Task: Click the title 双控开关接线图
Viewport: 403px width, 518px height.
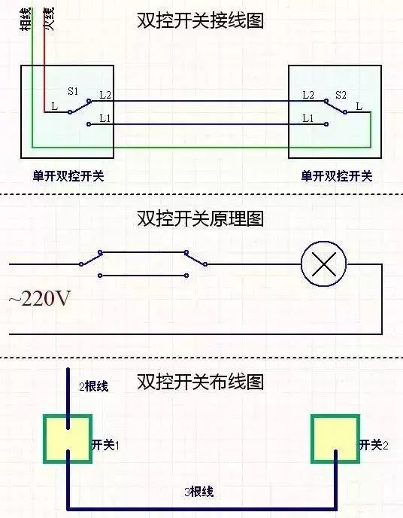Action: click(x=200, y=21)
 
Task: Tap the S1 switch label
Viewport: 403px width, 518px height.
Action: click(x=73, y=91)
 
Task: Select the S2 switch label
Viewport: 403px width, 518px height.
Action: click(x=341, y=95)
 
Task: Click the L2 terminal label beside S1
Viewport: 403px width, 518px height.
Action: click(x=105, y=95)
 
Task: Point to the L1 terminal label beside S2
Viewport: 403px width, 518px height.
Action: click(x=308, y=118)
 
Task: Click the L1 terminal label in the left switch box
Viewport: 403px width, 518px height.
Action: click(x=105, y=118)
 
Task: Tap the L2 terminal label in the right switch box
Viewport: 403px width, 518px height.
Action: click(x=308, y=95)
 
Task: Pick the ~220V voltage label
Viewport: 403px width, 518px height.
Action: click(x=40, y=299)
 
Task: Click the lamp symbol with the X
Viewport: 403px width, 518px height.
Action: click(x=324, y=264)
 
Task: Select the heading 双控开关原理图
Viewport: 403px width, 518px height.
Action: click(x=200, y=218)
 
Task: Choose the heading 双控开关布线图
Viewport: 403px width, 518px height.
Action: click(x=200, y=382)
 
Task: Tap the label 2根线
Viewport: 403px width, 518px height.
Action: click(x=94, y=385)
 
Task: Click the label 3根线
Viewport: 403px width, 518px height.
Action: click(x=199, y=492)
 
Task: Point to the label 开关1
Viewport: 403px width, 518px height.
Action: click(x=105, y=445)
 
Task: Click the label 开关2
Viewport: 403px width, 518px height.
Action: click(x=374, y=445)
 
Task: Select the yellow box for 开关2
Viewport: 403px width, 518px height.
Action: click(x=335, y=439)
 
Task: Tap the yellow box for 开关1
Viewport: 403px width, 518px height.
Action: click(x=68, y=439)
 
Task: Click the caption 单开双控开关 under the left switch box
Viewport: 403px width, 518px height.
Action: click(x=68, y=175)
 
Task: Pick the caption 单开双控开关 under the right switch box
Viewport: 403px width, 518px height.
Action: click(x=337, y=175)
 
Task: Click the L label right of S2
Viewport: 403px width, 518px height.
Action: click(x=359, y=106)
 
